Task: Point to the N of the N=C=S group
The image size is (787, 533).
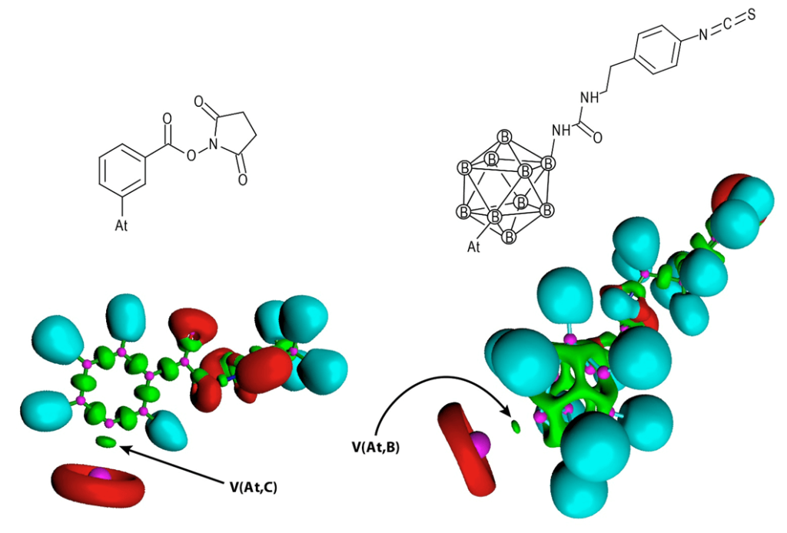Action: click(x=702, y=35)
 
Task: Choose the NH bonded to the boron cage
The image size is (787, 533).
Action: click(x=560, y=131)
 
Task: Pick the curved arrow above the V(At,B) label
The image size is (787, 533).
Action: click(x=430, y=388)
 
